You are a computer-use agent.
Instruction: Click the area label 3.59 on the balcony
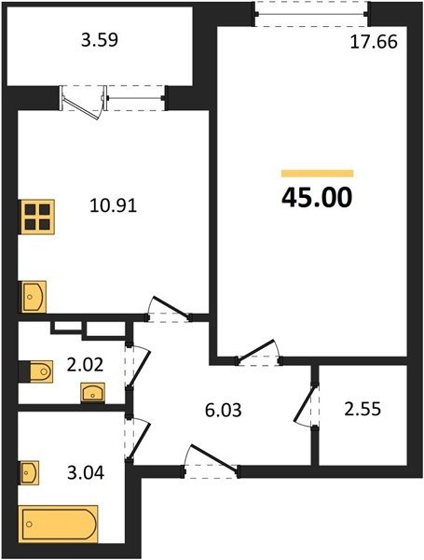[100, 40]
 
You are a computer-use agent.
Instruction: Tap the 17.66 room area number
[374, 42]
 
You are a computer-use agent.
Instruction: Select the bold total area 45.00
[317, 198]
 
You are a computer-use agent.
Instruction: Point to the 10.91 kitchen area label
[114, 206]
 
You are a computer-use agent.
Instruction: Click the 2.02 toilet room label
[85, 365]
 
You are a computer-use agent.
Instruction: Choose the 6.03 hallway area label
[224, 411]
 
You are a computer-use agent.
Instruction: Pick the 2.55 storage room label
[362, 410]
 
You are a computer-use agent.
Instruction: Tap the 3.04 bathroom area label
[86, 473]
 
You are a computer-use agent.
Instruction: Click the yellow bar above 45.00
[317, 174]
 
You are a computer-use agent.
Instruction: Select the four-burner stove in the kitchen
[37, 217]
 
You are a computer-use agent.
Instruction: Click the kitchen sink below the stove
[34, 297]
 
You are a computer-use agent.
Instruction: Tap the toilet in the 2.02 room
[39, 371]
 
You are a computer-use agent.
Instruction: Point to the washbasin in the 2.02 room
[92, 393]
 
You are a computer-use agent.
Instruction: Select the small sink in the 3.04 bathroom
[30, 473]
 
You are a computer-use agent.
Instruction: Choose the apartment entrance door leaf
[214, 458]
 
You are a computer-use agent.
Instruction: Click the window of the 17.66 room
[311, 14]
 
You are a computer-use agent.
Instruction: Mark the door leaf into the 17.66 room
[256, 350]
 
